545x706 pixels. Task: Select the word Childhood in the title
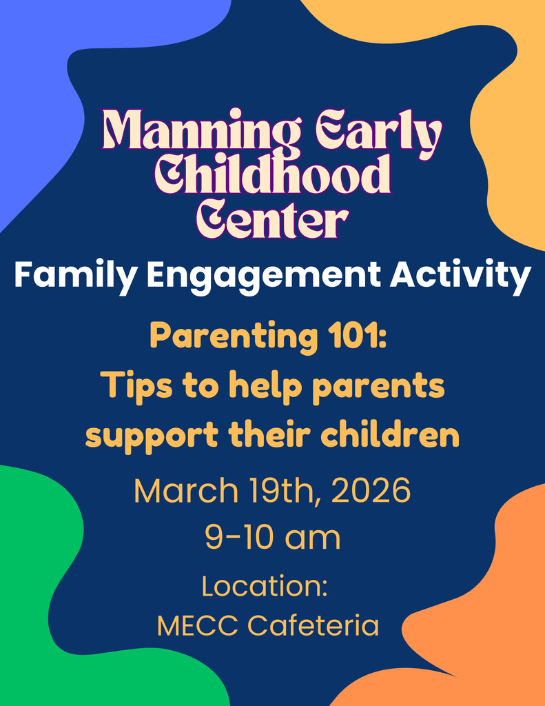click(x=272, y=174)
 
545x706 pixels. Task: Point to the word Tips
click(x=136, y=386)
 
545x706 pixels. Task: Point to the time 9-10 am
click(x=272, y=537)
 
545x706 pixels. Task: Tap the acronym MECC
click(x=198, y=626)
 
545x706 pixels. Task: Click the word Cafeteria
click(x=313, y=626)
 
